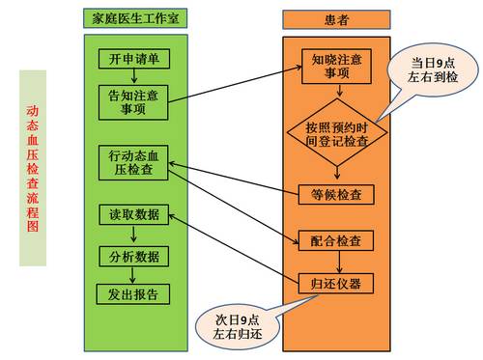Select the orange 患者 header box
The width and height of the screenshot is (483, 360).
coord(335,17)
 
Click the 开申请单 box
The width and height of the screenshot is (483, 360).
coord(134,60)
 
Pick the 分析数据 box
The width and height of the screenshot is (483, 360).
coord(133,257)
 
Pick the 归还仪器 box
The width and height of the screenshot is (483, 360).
coord(335,284)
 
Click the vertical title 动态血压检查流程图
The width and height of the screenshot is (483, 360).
coord(32,167)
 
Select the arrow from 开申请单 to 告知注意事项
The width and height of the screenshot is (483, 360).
coord(134,78)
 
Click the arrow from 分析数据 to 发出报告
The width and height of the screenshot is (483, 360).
coord(133,276)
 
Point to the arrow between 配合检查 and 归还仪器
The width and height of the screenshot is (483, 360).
coord(335,262)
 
